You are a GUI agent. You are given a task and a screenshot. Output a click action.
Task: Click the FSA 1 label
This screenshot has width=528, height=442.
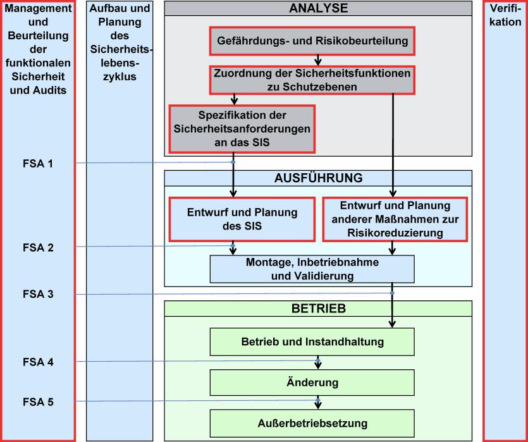tap(38, 164)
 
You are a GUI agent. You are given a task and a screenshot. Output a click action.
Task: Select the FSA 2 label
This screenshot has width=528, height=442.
tap(38, 248)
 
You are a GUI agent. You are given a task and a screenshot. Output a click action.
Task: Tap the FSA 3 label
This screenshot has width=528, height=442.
tap(38, 294)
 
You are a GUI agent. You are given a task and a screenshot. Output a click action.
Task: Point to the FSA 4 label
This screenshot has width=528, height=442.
tap(38, 362)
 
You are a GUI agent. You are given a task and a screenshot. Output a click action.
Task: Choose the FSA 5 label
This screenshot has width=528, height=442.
tap(38, 402)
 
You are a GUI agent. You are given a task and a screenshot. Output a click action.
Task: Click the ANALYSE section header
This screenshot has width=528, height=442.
tap(318, 8)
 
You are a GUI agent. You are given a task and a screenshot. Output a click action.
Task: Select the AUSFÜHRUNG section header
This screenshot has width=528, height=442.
tap(318, 178)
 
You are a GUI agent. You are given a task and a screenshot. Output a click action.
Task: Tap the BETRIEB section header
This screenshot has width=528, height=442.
tap(318, 309)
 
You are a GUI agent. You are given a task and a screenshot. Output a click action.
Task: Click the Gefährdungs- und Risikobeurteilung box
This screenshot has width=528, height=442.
tap(312, 41)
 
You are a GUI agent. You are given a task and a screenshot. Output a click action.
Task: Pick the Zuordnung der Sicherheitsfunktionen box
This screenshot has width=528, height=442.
tap(312, 80)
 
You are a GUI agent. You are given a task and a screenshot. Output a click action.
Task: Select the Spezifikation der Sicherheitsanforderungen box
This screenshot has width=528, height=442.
tap(242, 129)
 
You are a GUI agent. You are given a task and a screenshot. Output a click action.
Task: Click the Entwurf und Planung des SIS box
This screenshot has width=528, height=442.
tap(242, 219)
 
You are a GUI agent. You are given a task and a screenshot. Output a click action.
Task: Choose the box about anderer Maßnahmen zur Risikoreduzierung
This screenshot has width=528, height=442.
tap(395, 219)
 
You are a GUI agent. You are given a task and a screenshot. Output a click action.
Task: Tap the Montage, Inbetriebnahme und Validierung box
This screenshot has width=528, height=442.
tap(312, 269)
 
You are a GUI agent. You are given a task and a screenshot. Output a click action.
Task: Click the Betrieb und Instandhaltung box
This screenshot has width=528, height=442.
tap(312, 341)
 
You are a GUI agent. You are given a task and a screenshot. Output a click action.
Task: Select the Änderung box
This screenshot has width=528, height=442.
tap(312, 383)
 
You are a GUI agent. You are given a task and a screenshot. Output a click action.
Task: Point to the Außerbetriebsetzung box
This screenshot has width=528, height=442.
tap(312, 423)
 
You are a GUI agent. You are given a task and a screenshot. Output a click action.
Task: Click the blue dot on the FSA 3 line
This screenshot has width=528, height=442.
tap(392, 293)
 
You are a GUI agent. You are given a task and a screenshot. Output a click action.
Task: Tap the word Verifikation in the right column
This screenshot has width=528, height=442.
tap(505, 15)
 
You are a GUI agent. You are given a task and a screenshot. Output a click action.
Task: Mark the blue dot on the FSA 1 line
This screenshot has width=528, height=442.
tap(233, 163)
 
